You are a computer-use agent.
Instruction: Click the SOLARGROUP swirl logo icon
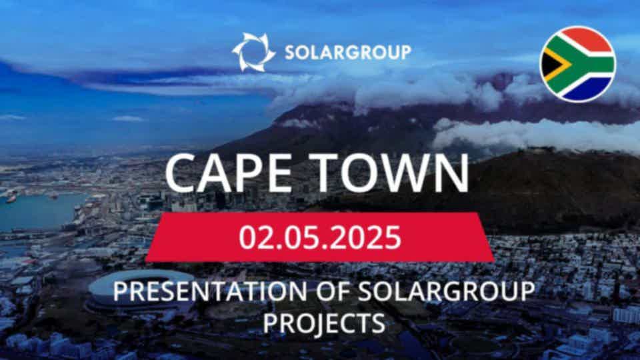[253, 52]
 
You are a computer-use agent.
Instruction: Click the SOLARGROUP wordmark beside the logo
[348, 53]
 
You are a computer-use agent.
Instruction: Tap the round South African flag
[577, 64]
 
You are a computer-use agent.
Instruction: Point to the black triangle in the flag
[549, 65]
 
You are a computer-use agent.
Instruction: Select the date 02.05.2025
[320, 237]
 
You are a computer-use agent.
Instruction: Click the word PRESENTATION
[210, 291]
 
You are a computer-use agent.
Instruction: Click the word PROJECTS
[324, 323]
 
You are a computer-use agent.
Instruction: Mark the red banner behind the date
[320, 237]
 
